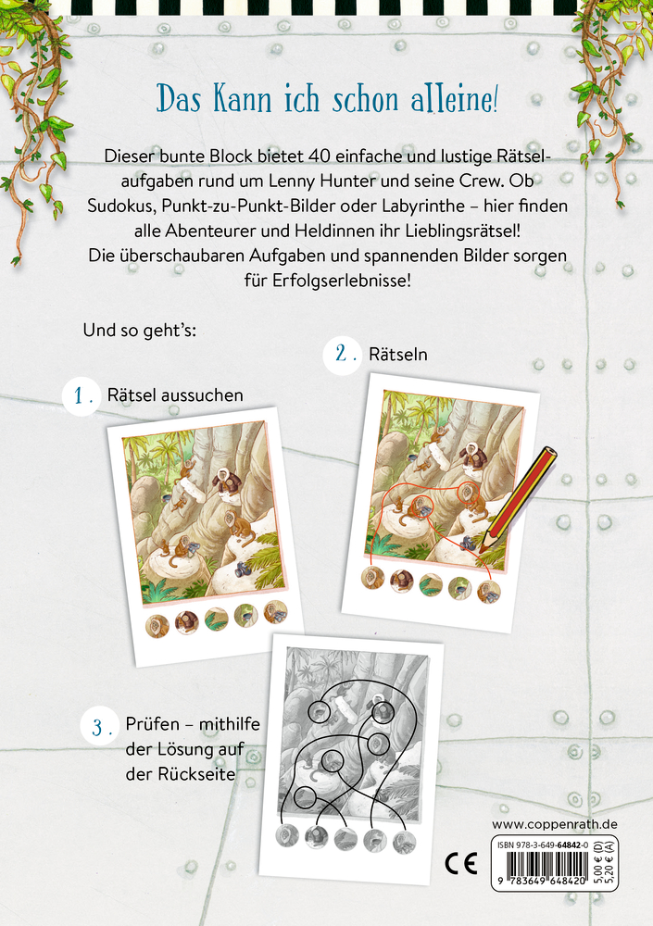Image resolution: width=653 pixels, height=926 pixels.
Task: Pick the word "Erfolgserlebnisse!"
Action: point(342,280)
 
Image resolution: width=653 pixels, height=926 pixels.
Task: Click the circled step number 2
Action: point(343,355)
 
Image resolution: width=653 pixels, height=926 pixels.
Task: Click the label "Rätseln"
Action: point(398,354)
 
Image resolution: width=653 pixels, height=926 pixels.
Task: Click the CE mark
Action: point(460,865)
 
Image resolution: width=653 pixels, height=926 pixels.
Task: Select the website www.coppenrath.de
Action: point(554,824)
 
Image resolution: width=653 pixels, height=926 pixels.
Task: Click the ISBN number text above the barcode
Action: point(543,845)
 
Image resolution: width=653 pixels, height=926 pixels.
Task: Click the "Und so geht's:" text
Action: point(140,330)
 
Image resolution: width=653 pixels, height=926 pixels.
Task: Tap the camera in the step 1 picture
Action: point(243,569)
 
